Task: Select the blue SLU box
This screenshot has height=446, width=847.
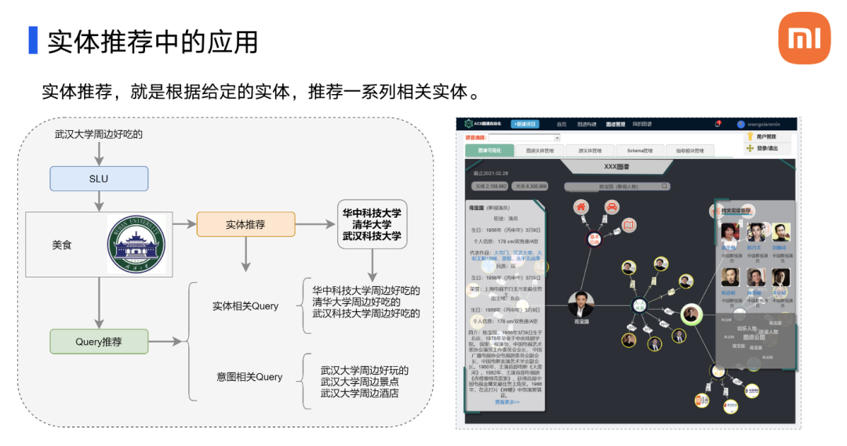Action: pos(99,179)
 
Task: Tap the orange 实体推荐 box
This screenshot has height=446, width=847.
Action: pos(245,224)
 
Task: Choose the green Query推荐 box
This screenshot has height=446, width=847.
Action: pos(99,342)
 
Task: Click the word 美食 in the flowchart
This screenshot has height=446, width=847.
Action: pos(62,245)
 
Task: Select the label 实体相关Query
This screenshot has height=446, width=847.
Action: pos(245,306)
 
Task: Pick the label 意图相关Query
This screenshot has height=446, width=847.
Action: pos(249,377)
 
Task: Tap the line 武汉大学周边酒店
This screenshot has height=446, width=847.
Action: pos(359,393)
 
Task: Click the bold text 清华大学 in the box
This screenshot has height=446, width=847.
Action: pos(372,224)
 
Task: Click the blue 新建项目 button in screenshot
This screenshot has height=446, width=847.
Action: pos(525,124)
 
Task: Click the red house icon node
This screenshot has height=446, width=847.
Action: pos(582,208)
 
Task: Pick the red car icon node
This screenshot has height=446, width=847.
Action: pos(610,208)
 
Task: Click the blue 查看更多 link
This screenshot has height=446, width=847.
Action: pos(507,402)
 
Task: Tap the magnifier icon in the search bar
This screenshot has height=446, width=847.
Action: pos(664,187)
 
